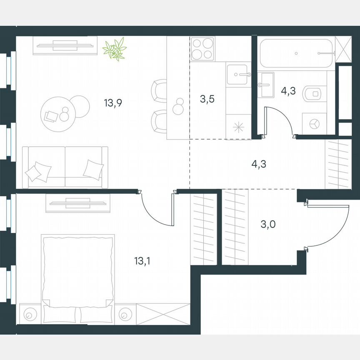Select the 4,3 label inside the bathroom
288,91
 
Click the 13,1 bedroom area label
142,261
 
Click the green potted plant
115,49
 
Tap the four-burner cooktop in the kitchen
202,48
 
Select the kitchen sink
239,75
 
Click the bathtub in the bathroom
296,53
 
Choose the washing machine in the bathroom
314,124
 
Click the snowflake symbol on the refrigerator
239,127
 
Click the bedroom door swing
156,210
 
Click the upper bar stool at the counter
159,90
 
